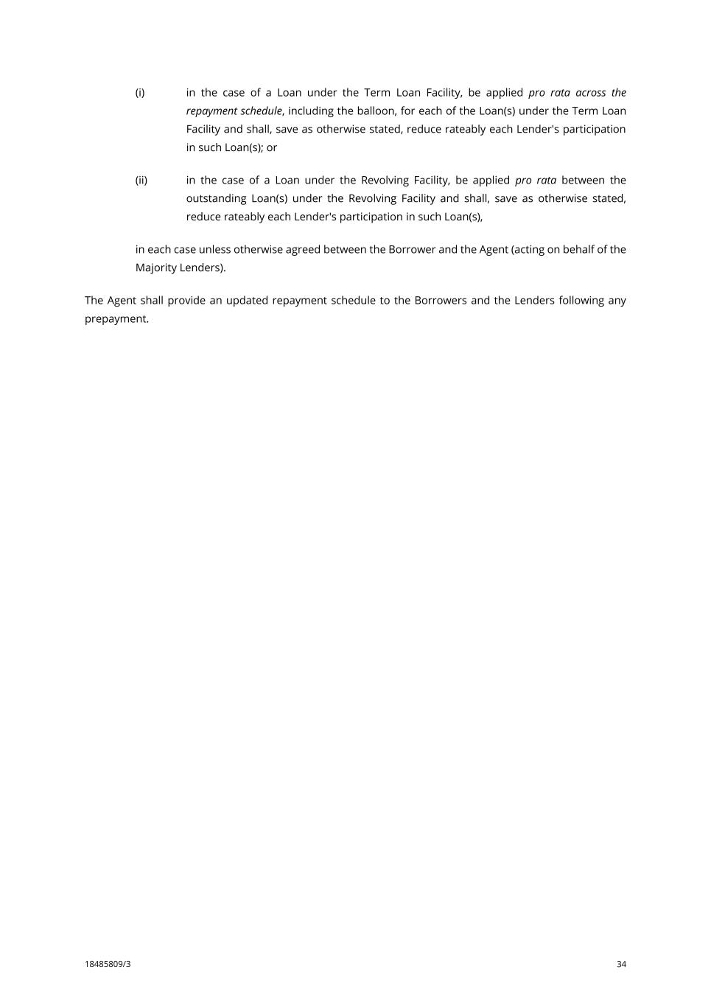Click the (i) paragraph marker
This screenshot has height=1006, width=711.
[x=139, y=93]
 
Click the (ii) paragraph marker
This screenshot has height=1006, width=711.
[x=141, y=181]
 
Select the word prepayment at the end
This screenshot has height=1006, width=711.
[x=116, y=319]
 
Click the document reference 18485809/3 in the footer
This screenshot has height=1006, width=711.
[x=108, y=964]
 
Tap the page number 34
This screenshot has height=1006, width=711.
[x=621, y=964]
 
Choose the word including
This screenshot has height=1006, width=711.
[x=310, y=111]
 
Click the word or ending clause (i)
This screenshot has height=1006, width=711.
[x=272, y=147]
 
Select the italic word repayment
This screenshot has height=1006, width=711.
[x=211, y=111]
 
